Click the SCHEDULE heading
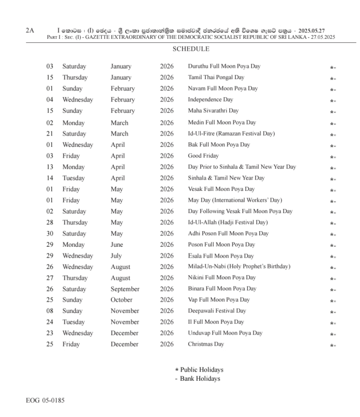(x=190, y=49)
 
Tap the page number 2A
(x=30, y=31)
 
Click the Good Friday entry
(x=203, y=156)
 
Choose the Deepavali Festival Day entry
(x=217, y=311)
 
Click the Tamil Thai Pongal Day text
(x=216, y=77)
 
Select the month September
(x=125, y=289)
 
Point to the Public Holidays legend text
(x=202, y=370)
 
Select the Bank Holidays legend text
(x=200, y=379)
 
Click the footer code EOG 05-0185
(x=46, y=401)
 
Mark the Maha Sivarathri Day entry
(x=213, y=111)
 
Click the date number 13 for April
(x=50, y=167)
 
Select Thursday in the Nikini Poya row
(x=76, y=278)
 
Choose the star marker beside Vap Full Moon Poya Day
(x=332, y=301)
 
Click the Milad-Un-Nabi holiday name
(x=239, y=266)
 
